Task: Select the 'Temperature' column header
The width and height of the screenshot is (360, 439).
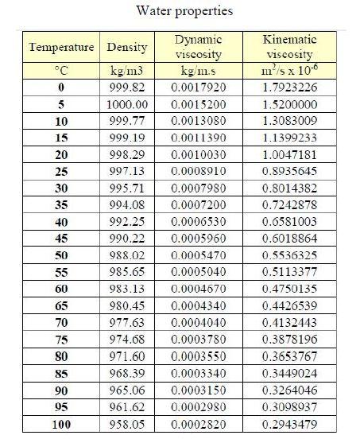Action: pos(62,48)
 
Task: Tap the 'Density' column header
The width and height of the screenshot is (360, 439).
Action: pos(127,48)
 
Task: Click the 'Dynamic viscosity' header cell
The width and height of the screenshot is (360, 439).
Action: pos(198,48)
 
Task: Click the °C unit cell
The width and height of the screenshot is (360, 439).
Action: pos(62,70)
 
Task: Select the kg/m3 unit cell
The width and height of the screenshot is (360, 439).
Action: pos(127,70)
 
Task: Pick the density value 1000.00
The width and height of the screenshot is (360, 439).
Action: pos(128,104)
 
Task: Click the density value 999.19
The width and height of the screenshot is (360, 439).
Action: pos(128,139)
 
